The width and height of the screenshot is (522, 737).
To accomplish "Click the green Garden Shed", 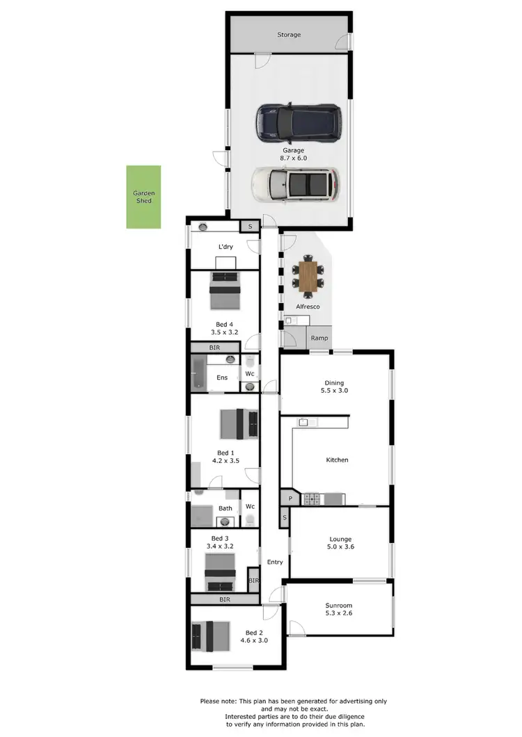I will (x=143, y=197).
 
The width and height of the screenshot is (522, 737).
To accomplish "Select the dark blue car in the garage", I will (x=299, y=121).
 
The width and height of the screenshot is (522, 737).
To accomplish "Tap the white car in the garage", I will (x=296, y=184).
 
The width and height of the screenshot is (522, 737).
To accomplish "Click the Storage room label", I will (x=289, y=34).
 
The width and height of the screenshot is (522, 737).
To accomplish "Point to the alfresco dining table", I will (x=307, y=275).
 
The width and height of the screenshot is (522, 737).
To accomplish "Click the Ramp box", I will (x=319, y=339).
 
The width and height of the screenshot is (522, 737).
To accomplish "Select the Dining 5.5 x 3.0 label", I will (x=334, y=387).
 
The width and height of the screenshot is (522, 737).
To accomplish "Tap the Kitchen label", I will (x=337, y=460).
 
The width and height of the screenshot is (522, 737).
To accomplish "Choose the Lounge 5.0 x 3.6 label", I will (x=340, y=543).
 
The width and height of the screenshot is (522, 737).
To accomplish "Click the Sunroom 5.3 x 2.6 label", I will (x=340, y=609).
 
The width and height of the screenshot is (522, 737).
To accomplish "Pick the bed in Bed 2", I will (x=211, y=635).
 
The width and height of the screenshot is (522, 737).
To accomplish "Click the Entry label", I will (x=275, y=562).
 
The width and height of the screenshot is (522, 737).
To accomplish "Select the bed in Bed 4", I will (x=225, y=291).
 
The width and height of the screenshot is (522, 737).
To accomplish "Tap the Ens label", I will (x=222, y=378).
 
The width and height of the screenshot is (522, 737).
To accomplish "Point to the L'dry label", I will (x=225, y=247).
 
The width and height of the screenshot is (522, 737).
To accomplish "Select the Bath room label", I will (x=226, y=508).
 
